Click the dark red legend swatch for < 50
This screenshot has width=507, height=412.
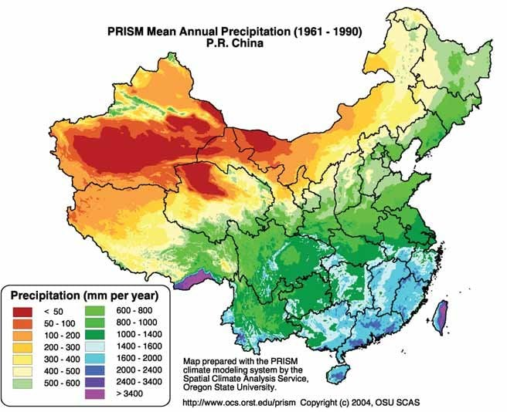coord(22,312)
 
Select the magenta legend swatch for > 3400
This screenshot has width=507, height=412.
coord(95,394)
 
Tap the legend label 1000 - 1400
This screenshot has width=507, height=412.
coord(139,334)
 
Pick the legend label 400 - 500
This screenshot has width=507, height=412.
coord(62,371)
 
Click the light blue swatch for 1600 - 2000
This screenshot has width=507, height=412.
coord(95,359)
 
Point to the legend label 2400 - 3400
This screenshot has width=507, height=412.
coord(139,382)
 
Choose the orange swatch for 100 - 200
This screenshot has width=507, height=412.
coord(22,336)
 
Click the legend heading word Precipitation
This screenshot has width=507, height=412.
coord(45,295)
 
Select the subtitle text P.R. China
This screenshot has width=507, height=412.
coord(235,43)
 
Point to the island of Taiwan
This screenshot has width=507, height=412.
coord(441,317)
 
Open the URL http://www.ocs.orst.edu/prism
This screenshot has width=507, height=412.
coord(240,403)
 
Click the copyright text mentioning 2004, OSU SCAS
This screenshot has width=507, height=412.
coord(360,403)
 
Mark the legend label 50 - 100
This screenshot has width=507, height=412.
coord(60,323)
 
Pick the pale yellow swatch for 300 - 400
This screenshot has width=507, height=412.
coord(22,360)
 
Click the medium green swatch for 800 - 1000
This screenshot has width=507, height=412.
coord(95,323)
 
